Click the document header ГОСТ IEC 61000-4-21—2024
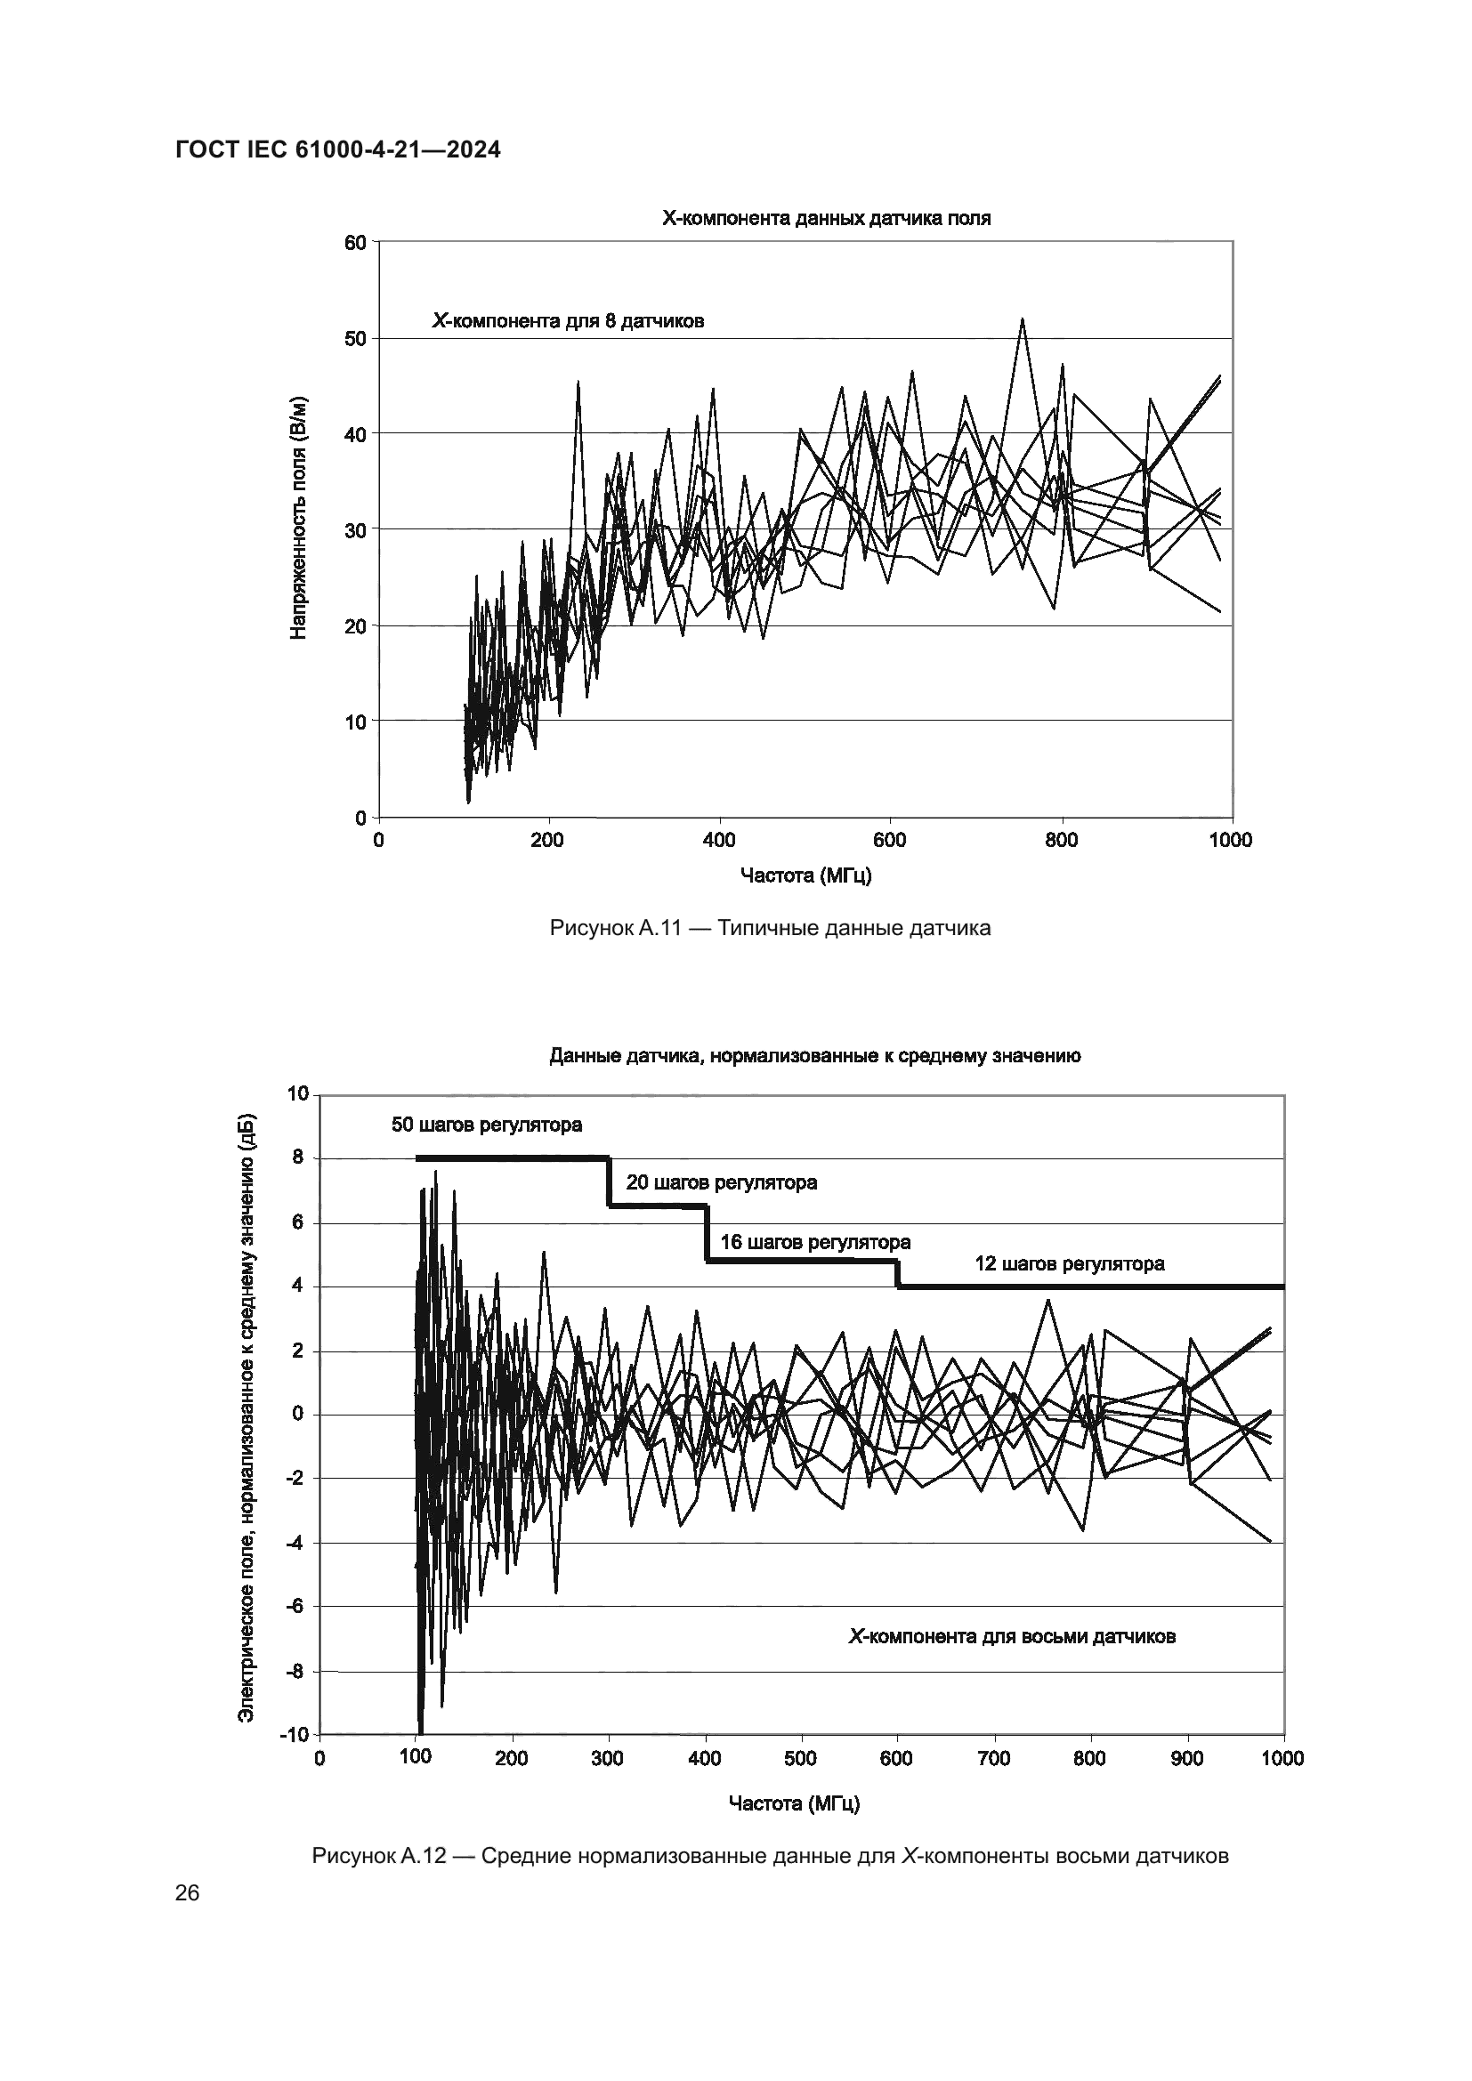[337, 150]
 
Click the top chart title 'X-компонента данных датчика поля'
[826, 219]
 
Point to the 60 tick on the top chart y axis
[354, 243]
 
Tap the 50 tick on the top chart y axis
[354, 339]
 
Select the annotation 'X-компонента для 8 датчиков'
[568, 321]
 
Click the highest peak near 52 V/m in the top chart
[1022, 320]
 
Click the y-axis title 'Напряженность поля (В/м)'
[298, 518]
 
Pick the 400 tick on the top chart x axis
[719, 840]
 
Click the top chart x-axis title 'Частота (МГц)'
[805, 875]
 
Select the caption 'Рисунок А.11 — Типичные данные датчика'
[770, 928]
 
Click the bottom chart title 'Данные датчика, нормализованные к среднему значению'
[815, 1056]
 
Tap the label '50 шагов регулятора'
[487, 1125]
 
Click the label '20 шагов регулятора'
[722, 1182]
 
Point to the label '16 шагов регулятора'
[815, 1242]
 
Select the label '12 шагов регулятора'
[1070, 1263]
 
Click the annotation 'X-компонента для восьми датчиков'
[1012, 1637]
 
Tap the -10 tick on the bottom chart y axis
[295, 1735]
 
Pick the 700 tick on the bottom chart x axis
[994, 1759]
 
